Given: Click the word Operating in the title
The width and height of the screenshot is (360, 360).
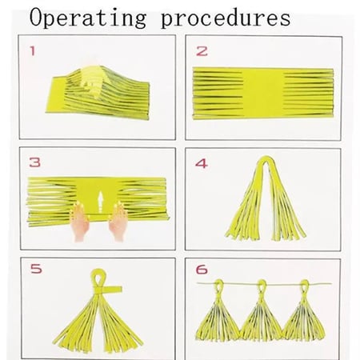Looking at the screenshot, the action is (x=88, y=18).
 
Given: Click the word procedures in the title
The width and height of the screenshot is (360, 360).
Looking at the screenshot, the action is (x=226, y=18).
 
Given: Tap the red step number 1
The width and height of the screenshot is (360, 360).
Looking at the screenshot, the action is (x=33, y=51).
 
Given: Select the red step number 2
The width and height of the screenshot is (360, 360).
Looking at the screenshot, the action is (x=202, y=51).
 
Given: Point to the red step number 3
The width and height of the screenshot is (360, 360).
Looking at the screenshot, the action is (x=35, y=162).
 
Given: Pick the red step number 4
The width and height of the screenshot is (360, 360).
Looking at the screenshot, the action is (x=202, y=163).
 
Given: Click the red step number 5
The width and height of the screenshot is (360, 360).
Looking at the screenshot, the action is (x=36, y=269).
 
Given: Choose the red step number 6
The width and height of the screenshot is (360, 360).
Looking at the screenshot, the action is (x=202, y=270).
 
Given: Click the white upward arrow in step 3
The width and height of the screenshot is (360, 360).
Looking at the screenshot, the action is (x=100, y=202).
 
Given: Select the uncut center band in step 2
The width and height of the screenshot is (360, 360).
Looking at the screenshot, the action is (x=263, y=93).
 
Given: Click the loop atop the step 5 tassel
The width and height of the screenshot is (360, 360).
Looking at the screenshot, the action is (x=98, y=278).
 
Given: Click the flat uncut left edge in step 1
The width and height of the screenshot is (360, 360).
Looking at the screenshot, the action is (x=56, y=94).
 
